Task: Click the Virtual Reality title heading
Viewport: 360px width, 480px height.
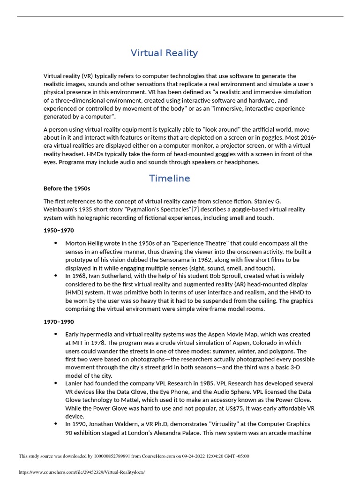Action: pyautogui.click(x=164, y=53)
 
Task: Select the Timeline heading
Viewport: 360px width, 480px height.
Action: pyautogui.click(x=169, y=178)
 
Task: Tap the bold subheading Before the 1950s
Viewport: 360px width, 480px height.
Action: pyautogui.click(x=67, y=188)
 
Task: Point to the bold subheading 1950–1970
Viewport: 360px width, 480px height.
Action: pyautogui.click(x=59, y=231)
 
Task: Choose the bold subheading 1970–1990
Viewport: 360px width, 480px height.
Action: pyautogui.click(x=59, y=322)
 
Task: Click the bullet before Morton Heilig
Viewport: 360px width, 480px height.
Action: pyautogui.click(x=56, y=243)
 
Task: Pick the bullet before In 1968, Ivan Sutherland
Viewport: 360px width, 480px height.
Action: pyautogui.click(x=56, y=277)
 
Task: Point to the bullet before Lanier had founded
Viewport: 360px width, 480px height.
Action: pyautogui.click(x=56, y=383)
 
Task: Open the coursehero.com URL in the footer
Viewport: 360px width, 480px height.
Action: pyautogui.click(x=82, y=472)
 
